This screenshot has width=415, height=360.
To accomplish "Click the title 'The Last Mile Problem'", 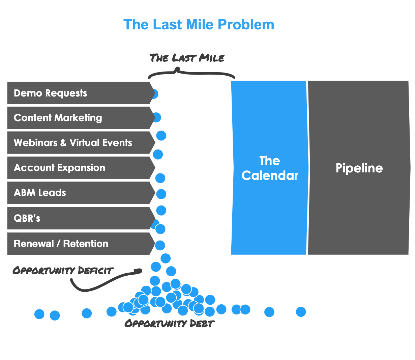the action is tap(199, 25).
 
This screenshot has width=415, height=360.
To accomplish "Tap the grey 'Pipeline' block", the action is tap(359, 168).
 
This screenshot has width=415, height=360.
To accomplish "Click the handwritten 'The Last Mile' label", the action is tap(187, 58).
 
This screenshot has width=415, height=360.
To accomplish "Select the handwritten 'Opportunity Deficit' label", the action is tap(63, 270).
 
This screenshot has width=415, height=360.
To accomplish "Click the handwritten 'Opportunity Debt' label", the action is tap(170, 324).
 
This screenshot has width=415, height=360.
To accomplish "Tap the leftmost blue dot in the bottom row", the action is tap(39, 314).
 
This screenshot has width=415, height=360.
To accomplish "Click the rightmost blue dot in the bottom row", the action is tap(301, 312).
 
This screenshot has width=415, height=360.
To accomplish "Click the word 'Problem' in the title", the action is tap(246, 25).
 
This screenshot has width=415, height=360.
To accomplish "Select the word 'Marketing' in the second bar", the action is tap(78, 118).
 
